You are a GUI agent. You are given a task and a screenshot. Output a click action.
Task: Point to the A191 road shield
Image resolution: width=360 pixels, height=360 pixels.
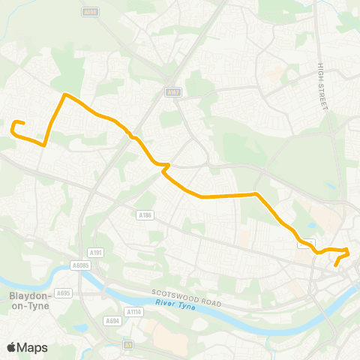(x=96, y=253)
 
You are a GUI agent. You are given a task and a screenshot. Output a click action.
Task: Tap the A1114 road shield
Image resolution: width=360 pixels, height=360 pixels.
(x=133, y=311)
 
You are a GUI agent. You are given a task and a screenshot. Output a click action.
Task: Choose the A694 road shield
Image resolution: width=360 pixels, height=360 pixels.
(x=113, y=320)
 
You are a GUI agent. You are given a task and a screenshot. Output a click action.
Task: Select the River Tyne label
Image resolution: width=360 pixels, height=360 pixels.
(x=175, y=304)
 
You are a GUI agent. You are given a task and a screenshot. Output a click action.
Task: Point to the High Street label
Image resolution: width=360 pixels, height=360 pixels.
(x=323, y=86)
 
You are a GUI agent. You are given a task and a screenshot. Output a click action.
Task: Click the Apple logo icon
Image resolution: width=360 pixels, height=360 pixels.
(x=12, y=346)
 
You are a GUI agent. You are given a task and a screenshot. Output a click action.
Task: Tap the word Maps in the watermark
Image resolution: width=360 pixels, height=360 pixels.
(x=33, y=347)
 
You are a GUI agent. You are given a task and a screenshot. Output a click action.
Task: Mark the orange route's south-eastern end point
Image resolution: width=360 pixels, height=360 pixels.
(x=336, y=265)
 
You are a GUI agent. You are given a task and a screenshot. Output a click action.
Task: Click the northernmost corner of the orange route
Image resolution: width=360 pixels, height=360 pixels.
(x=66, y=94)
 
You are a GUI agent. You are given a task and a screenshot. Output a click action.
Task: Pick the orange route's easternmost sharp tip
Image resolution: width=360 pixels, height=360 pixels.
(x=349, y=249)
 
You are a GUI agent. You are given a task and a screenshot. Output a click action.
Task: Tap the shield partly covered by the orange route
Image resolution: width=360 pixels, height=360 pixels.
(x=305, y=243)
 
